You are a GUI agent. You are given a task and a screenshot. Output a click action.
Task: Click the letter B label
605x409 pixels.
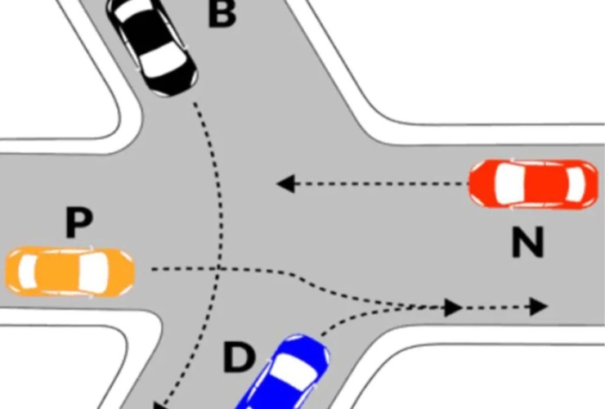(x=222, y=14)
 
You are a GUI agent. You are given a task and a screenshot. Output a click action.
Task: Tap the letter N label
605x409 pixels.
(x=528, y=242)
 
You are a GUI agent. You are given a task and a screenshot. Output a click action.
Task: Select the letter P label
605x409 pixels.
(x=78, y=222)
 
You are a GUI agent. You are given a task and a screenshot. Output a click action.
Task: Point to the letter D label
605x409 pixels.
(x=240, y=358)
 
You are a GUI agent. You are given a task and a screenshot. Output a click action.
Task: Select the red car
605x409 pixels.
(x=534, y=184)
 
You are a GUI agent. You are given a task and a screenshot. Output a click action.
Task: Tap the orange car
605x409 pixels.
(x=70, y=272)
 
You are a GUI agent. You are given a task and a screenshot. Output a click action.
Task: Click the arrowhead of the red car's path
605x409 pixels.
(x=286, y=184)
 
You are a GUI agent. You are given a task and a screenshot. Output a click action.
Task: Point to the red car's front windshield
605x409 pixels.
(x=508, y=184)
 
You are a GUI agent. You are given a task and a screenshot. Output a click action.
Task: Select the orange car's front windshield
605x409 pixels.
(x=94, y=272)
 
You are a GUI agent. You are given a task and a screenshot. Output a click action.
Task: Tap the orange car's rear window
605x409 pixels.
(x=28, y=272)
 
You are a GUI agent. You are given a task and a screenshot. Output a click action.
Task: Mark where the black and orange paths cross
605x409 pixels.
(x=219, y=267)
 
